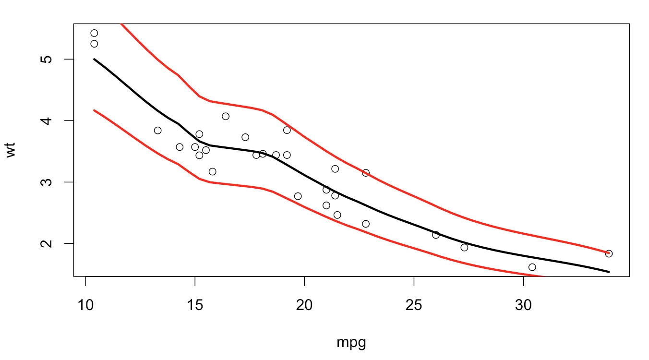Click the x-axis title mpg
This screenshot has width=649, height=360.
click(x=351, y=343)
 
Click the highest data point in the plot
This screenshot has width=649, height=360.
click(x=94, y=33)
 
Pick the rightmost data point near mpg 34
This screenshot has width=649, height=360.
click(x=609, y=253)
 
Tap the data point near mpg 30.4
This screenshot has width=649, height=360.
click(x=532, y=267)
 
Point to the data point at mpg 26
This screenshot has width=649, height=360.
click(x=436, y=235)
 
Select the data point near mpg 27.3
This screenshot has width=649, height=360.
click(x=464, y=247)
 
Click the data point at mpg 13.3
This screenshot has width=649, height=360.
click(x=157, y=130)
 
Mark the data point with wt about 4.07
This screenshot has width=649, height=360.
click(x=226, y=116)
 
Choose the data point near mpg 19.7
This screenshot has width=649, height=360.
click(x=298, y=196)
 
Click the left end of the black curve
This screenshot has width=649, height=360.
click(x=94, y=59)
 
